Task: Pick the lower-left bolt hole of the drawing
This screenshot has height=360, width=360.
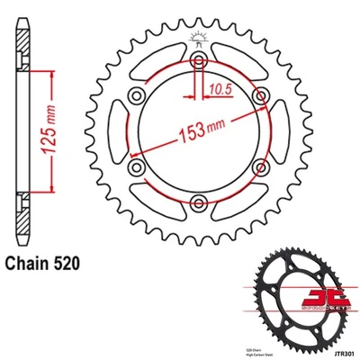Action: (136, 166)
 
